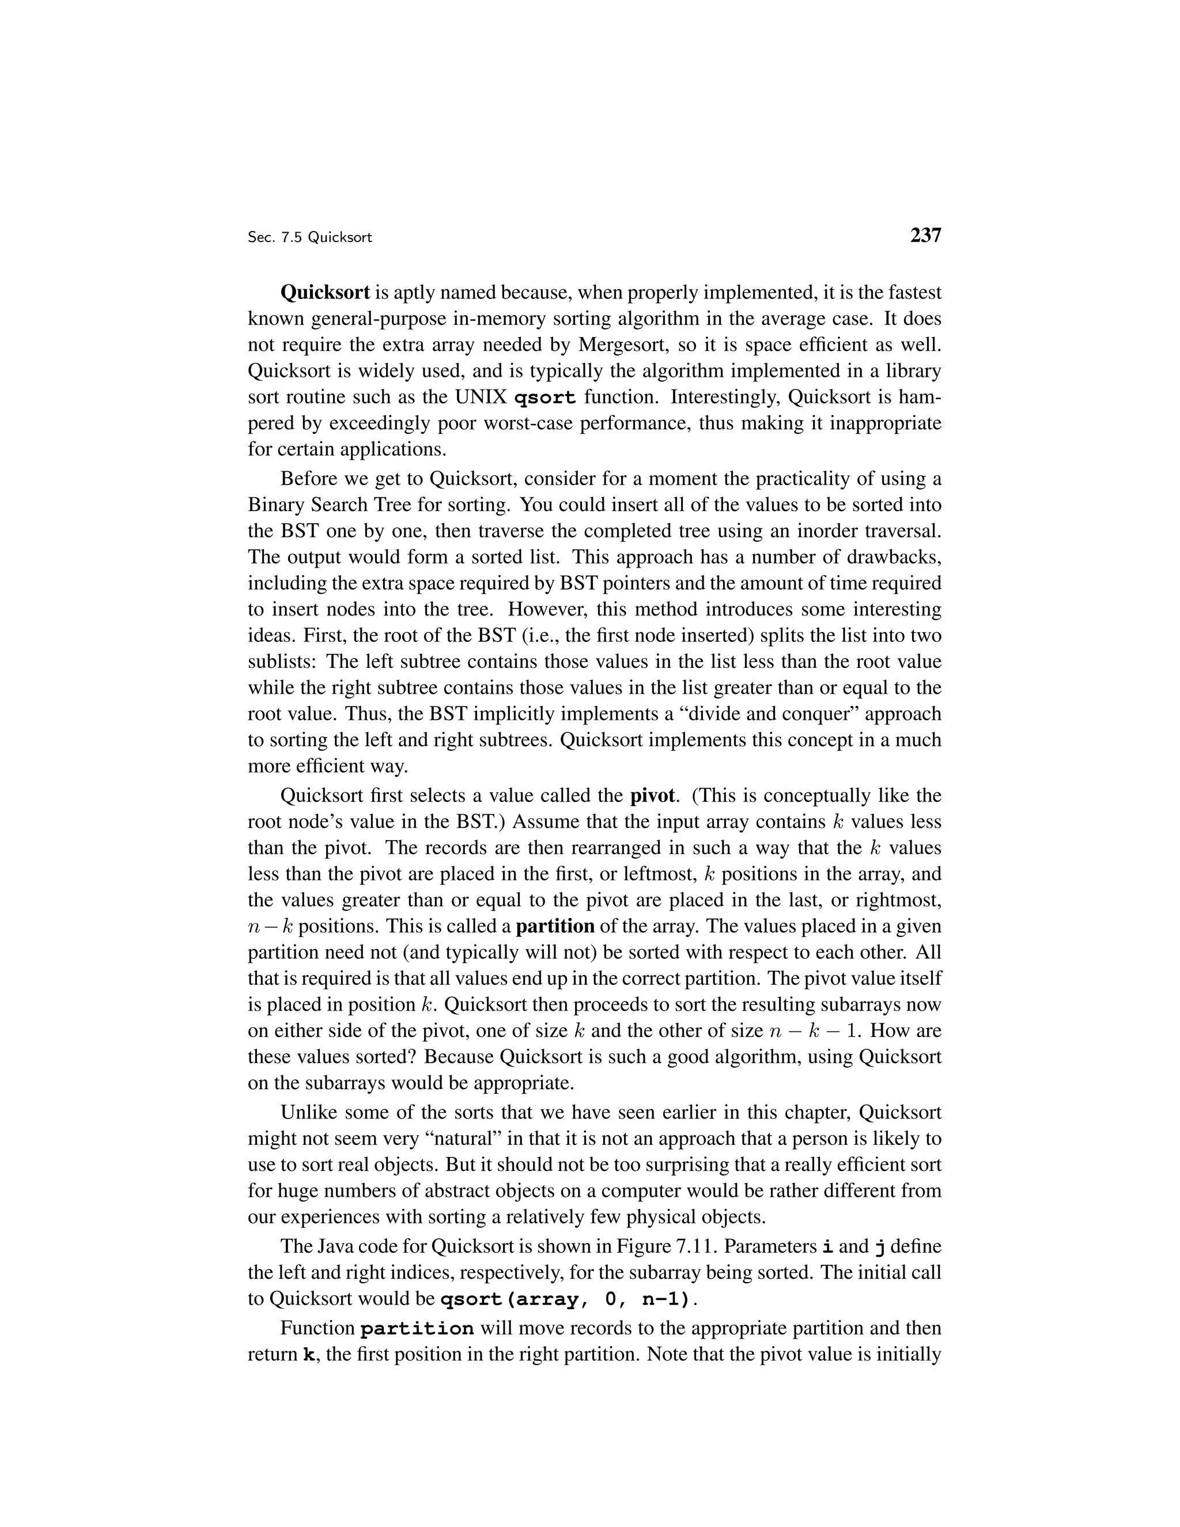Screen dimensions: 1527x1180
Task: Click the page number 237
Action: [x=925, y=236]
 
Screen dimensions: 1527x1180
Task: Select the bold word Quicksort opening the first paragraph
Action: [x=324, y=292]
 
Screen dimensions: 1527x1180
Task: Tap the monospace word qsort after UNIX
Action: [x=544, y=398]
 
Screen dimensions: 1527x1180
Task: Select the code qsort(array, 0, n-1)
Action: [x=568, y=1300]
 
